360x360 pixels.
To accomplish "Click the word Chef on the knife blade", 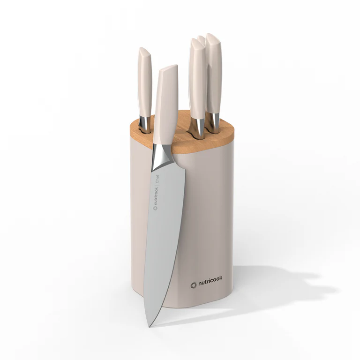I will click(158, 180).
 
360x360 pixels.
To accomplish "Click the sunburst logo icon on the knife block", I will click(193, 285).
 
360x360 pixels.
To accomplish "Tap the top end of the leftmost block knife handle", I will click(143, 50).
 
